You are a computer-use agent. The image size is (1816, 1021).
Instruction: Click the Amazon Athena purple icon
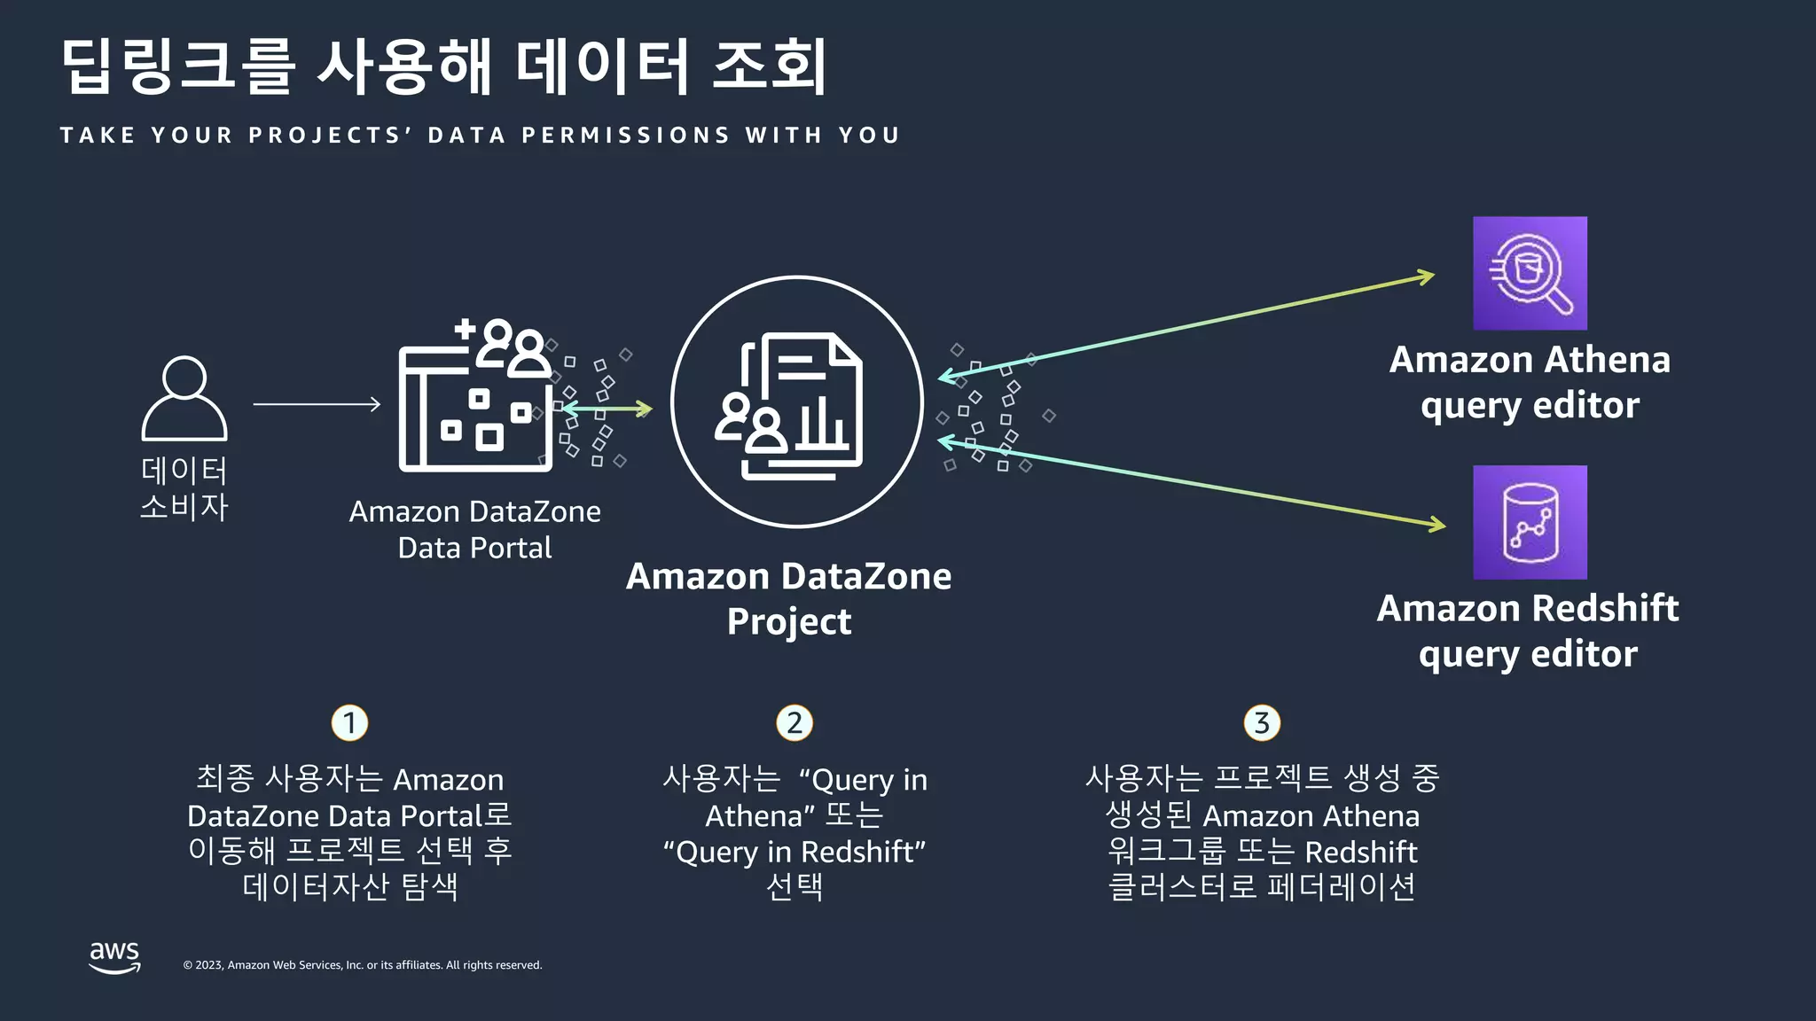(x=1530, y=273)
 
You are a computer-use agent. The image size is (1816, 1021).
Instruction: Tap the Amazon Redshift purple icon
(x=1530, y=522)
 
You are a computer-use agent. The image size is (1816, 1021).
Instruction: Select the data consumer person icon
(x=184, y=399)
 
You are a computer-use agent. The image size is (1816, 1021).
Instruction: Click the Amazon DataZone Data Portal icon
(x=476, y=396)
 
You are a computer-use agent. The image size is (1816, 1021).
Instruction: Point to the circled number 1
(x=349, y=723)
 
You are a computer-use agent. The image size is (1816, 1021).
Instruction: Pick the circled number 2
(x=794, y=723)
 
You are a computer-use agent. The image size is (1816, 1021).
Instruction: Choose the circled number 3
(x=1262, y=723)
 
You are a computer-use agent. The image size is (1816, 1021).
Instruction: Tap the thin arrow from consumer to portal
(x=317, y=404)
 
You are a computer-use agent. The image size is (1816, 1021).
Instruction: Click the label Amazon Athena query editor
(x=1530, y=382)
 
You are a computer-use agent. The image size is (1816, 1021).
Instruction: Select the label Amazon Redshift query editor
(x=1528, y=631)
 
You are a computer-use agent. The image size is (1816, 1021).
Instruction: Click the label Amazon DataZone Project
(x=789, y=598)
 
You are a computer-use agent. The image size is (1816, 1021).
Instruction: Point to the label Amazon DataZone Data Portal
(x=475, y=529)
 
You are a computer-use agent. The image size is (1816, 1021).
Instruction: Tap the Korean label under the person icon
(x=184, y=488)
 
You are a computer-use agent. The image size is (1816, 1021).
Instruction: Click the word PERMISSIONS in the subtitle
(x=625, y=136)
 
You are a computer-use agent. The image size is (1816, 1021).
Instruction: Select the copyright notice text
(x=362, y=965)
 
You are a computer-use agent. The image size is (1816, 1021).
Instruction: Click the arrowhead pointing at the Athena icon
(x=1426, y=277)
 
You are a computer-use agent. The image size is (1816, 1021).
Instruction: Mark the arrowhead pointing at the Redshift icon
(x=1436, y=524)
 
